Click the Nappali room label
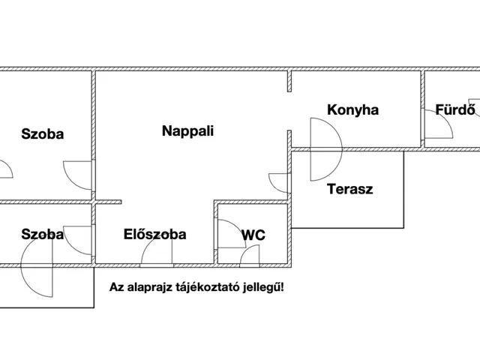pyautogui.click(x=188, y=130)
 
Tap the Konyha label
pyautogui.click(x=352, y=110)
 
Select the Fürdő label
pyautogui.click(x=455, y=110)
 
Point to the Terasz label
pyautogui.click(x=349, y=189)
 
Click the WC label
pyautogui.click(x=253, y=235)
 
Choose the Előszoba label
pyautogui.click(x=155, y=234)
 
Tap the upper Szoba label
pyautogui.click(x=42, y=134)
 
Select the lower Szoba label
pyautogui.click(x=42, y=234)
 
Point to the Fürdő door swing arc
pyautogui.click(x=441, y=129)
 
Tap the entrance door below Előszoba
pyautogui.click(x=157, y=255)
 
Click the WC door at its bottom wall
pyautogui.click(x=250, y=256)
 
